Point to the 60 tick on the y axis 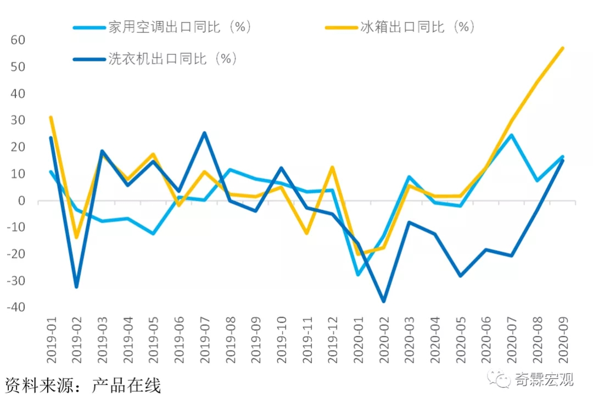(x=18, y=40)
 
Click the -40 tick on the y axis (x=15, y=307)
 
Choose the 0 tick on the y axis (x=23, y=201)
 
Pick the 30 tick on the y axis (x=18, y=120)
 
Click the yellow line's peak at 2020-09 (x=562, y=48)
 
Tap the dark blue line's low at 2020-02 (x=383, y=302)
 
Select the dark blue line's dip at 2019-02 (x=76, y=287)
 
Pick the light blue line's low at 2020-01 (x=358, y=274)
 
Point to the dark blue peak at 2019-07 (x=204, y=133)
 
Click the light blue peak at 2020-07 (x=511, y=135)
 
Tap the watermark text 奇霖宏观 (x=544, y=379)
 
